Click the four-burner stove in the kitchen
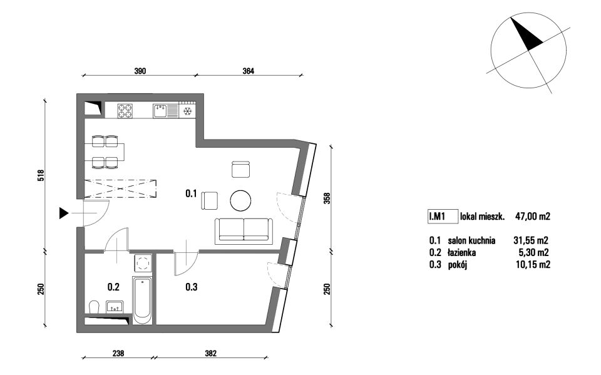tap(125, 111)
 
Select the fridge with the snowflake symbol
tap(187, 110)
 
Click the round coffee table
tap(240, 200)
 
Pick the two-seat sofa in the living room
tap(244, 231)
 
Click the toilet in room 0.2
tap(93, 307)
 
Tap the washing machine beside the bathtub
tap(143, 264)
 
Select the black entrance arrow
tap(64, 213)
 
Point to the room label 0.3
tap(192, 287)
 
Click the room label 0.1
tap(191, 193)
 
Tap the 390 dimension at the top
tap(140, 71)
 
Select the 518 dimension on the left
tap(41, 176)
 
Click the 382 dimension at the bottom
tap(210, 353)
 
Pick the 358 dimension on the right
tap(327, 197)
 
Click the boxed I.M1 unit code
tap(443, 216)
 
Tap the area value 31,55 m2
tap(531, 240)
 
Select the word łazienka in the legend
tap(461, 253)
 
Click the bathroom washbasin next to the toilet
tap(115, 306)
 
